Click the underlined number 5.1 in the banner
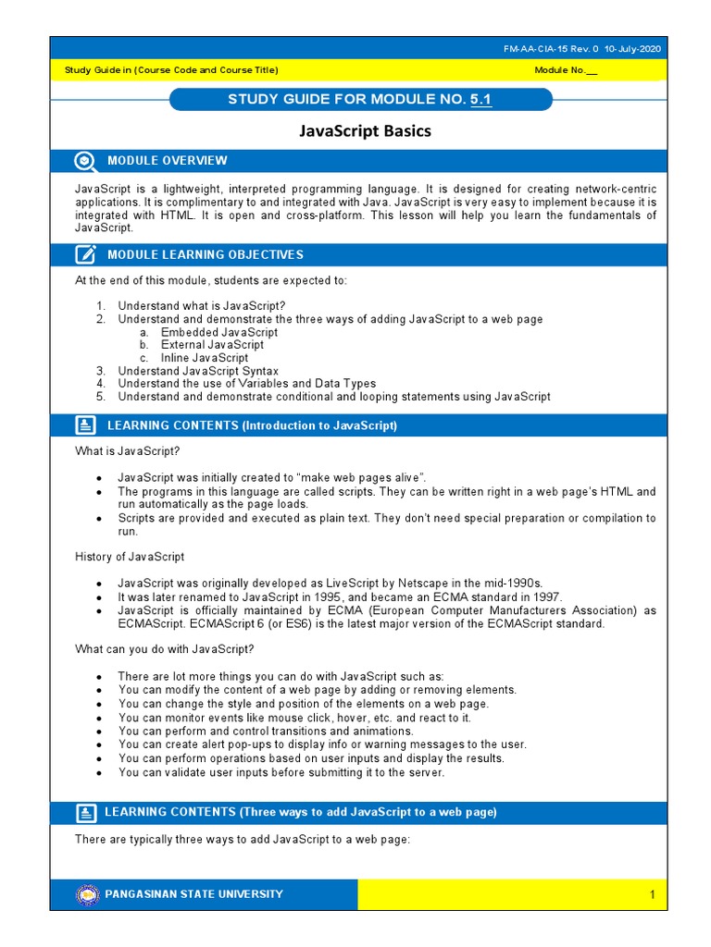[480, 99]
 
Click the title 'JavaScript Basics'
[365, 131]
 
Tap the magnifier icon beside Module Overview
[85, 161]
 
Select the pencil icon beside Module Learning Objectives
[85, 254]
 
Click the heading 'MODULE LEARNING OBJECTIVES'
[205, 254]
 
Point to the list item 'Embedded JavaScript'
[218, 332]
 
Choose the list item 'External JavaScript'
[212, 345]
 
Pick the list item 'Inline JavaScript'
[204, 358]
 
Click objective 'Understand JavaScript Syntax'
[197, 371]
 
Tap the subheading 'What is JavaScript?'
[127, 451]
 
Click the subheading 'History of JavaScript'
[130, 557]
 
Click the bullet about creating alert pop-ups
[322, 744]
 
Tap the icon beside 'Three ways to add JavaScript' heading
[85, 813]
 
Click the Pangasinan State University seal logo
[88, 894]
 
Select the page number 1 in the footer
[652, 894]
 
